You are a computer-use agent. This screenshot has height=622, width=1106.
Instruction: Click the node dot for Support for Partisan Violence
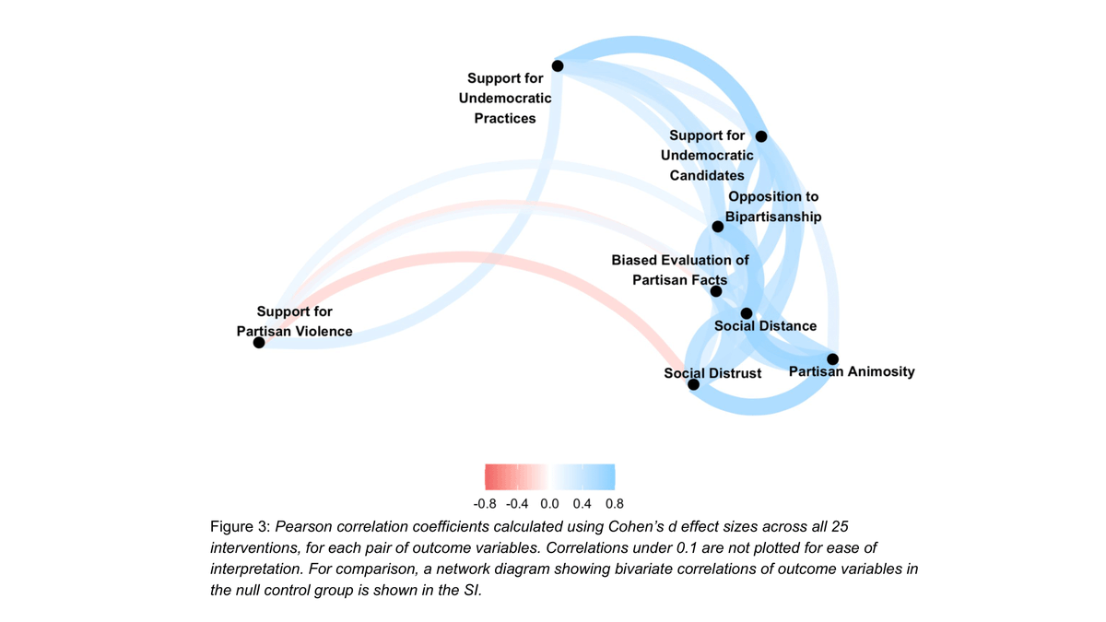pyautogui.click(x=259, y=343)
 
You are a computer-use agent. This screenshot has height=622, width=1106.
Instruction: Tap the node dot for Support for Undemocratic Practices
pyautogui.click(x=558, y=65)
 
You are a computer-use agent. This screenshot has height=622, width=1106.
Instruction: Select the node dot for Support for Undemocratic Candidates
pyautogui.click(x=761, y=136)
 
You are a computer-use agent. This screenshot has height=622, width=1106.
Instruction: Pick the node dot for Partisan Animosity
pyautogui.click(x=832, y=358)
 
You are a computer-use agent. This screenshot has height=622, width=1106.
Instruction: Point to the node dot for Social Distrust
pyautogui.click(x=694, y=384)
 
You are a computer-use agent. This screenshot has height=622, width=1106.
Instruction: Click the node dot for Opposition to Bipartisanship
pyautogui.click(x=718, y=227)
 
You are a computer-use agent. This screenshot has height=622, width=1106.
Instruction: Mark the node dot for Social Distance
pyautogui.click(x=747, y=314)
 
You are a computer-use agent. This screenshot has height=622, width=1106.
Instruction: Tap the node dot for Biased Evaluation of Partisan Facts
pyautogui.click(x=716, y=291)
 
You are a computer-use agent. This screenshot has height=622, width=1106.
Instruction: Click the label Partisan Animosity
pyautogui.click(x=852, y=371)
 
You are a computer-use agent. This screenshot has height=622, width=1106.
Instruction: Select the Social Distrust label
pyautogui.click(x=712, y=373)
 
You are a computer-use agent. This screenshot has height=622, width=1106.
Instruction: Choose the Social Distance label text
pyautogui.click(x=765, y=325)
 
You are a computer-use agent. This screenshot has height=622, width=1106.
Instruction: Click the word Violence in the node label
pyautogui.click(x=323, y=331)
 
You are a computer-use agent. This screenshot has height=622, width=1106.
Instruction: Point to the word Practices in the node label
pyautogui.click(x=505, y=118)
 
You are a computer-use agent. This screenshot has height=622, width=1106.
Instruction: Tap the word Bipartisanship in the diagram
pyautogui.click(x=772, y=217)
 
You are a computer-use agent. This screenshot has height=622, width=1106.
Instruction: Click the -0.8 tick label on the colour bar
pyautogui.click(x=486, y=504)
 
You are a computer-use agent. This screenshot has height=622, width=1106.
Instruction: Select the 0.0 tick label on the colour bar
pyautogui.click(x=549, y=504)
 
